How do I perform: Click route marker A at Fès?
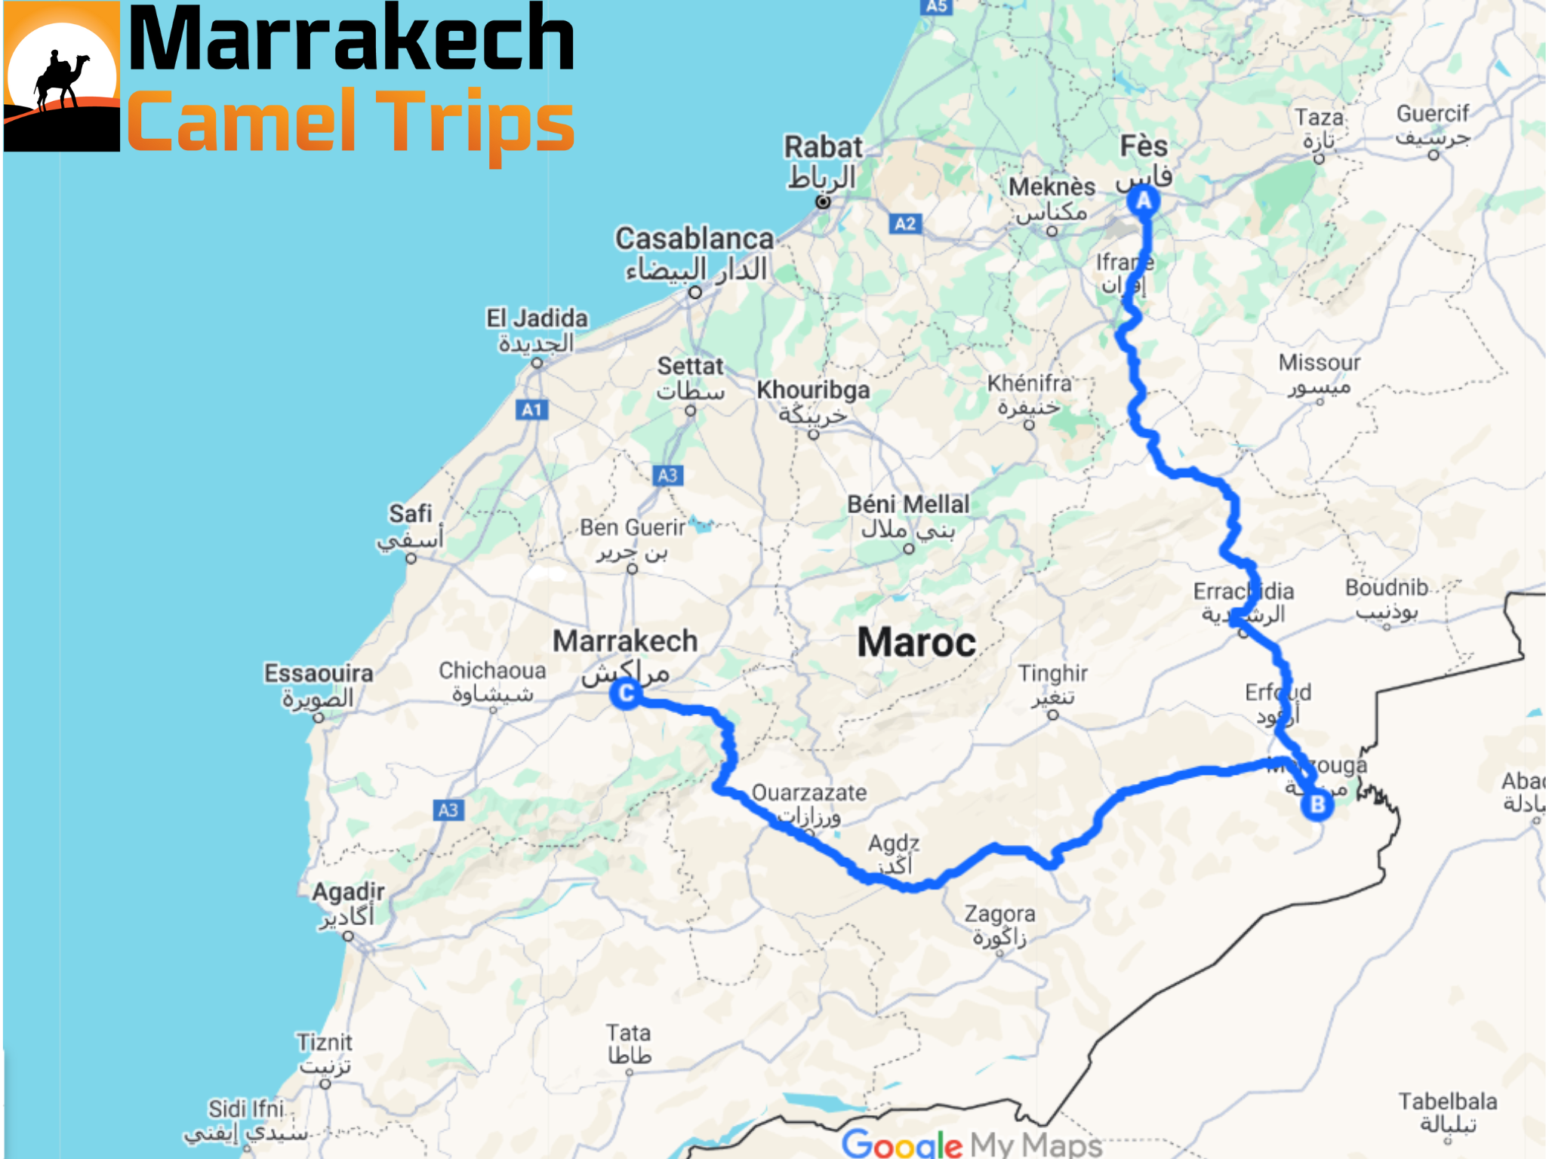tap(1144, 201)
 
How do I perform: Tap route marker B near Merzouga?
tap(1317, 804)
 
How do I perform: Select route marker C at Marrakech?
tap(626, 693)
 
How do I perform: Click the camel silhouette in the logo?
tap(60, 80)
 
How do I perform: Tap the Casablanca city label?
tap(694, 239)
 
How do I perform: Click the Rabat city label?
tap(823, 147)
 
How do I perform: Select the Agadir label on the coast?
tap(349, 892)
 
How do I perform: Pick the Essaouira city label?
tap(319, 673)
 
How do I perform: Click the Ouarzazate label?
tap(809, 793)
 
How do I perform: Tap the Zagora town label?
tap(999, 914)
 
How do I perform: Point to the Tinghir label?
tap(1052, 673)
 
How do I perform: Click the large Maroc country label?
tap(916, 643)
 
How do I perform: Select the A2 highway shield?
tap(904, 224)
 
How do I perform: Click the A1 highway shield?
tap(531, 410)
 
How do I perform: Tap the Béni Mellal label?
tap(908, 504)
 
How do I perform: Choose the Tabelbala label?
tap(1447, 1102)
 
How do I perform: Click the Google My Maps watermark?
tap(972, 1144)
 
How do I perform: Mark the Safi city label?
tap(411, 514)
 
